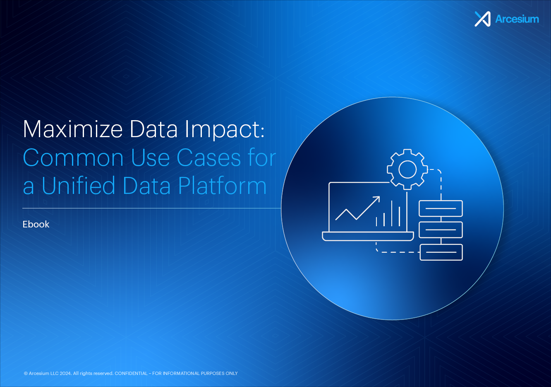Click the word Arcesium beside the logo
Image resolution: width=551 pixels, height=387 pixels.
tap(517, 19)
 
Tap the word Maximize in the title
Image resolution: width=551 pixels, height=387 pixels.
tap(73, 129)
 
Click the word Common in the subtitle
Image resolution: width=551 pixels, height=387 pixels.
tap(73, 158)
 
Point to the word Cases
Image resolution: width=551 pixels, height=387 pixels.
tap(209, 158)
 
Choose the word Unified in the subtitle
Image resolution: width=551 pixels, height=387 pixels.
tap(79, 186)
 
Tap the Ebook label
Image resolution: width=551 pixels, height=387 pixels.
tap(36, 224)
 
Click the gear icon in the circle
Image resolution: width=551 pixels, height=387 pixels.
tap(407, 169)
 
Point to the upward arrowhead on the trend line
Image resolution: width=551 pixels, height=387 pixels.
tap(376, 199)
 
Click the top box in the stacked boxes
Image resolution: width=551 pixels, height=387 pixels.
tap(441, 208)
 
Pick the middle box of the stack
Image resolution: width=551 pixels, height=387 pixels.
tap(441, 230)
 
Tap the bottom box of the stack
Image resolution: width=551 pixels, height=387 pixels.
tap(441, 252)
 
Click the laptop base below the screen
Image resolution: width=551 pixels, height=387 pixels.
tap(368, 236)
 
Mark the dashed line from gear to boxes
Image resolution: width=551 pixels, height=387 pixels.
tap(441, 182)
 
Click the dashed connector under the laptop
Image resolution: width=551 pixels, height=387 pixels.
tap(395, 252)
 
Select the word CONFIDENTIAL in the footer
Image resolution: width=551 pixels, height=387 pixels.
tap(131, 373)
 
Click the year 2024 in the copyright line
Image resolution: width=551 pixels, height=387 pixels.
tap(65, 373)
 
